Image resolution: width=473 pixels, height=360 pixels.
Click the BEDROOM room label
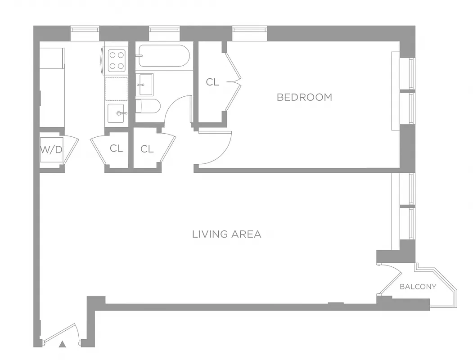[304, 97]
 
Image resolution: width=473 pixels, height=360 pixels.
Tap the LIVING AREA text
[226, 234]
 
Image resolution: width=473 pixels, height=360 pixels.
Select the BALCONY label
[418, 287]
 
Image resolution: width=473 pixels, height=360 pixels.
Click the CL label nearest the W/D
[116, 148]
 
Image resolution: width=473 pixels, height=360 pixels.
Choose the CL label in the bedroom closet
[212, 82]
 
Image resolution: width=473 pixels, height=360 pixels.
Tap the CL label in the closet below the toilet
[147, 149]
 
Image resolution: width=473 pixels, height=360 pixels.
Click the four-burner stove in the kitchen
[117, 60]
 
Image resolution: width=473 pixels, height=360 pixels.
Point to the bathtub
[164, 56]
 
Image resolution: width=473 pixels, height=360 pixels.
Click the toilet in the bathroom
[148, 106]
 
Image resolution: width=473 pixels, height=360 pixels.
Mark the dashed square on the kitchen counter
[117, 88]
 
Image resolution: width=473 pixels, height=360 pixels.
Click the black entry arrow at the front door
[63, 344]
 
